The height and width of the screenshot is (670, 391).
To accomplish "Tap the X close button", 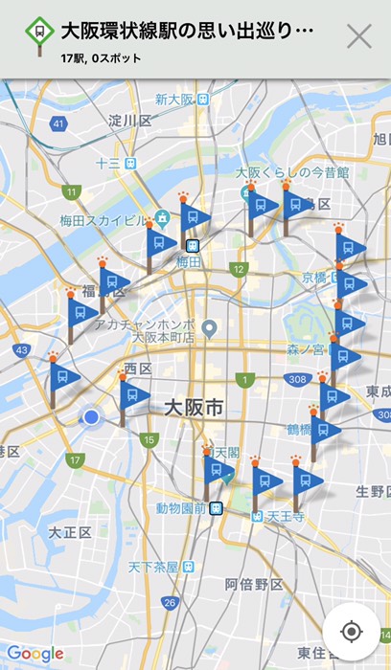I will pyautogui.click(x=358, y=37).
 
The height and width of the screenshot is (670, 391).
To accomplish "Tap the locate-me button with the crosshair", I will pyautogui.click(x=351, y=631).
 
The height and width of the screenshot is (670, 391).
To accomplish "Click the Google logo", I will pyautogui.click(x=34, y=654).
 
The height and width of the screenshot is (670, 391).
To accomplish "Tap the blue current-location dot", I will pyautogui.click(x=91, y=417).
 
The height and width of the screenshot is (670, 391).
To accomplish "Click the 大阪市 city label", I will pyautogui.click(x=195, y=409).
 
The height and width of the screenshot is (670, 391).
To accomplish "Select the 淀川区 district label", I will pyautogui.click(x=130, y=121).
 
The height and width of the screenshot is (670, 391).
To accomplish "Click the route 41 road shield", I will pyautogui.click(x=59, y=123).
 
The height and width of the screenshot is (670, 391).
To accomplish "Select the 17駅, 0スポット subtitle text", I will pyautogui.click(x=101, y=58).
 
